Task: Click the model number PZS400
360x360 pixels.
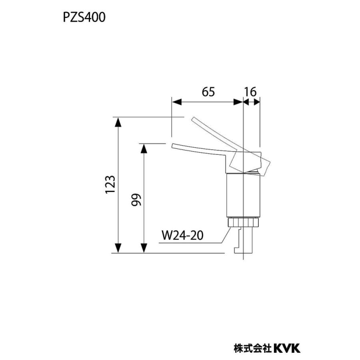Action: click(84, 18)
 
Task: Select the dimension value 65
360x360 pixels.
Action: click(208, 92)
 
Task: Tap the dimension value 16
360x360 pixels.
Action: click(251, 92)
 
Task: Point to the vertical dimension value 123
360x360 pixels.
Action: click(111, 185)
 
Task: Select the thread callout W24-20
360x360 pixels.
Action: click(182, 235)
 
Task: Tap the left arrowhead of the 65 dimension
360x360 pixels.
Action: click(176, 102)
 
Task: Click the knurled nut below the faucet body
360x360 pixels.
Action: click(244, 222)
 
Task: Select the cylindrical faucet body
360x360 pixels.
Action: click(244, 196)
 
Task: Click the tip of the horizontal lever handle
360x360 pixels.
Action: click(173, 146)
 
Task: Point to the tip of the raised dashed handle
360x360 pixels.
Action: click(193, 119)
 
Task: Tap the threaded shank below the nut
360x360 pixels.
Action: click(245, 240)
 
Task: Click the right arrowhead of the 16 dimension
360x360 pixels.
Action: click(257, 102)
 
